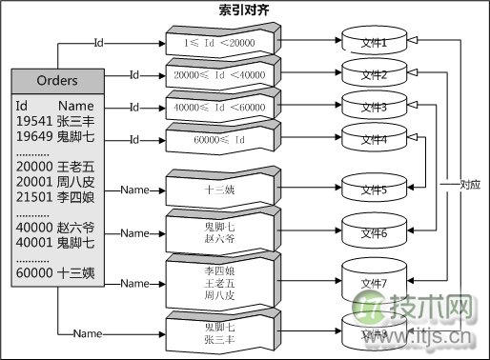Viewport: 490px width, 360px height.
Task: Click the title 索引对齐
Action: [245, 10]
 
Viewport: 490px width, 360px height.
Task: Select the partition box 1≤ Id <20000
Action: [220, 43]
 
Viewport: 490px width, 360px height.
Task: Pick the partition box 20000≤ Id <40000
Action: [220, 74]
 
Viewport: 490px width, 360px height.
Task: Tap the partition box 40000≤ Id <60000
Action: [220, 107]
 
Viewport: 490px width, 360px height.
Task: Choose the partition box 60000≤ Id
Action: [220, 139]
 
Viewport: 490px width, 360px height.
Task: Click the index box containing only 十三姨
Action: [220, 189]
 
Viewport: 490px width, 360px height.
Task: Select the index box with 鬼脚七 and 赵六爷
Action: [220, 232]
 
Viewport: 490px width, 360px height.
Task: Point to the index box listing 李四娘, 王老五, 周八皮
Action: [220, 283]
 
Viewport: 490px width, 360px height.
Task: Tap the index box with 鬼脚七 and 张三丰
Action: [220, 332]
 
